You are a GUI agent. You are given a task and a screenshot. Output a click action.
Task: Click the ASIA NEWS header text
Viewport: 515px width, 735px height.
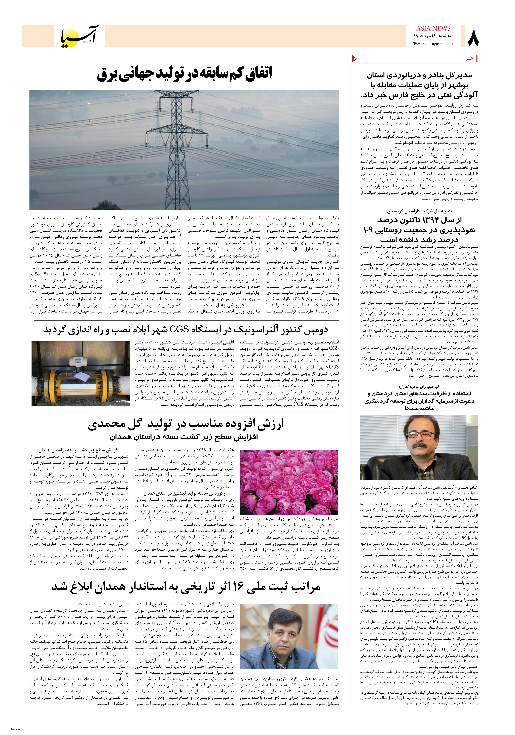tap(433, 28)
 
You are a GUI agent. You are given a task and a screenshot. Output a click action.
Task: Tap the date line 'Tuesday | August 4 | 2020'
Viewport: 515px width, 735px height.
tap(433, 44)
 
